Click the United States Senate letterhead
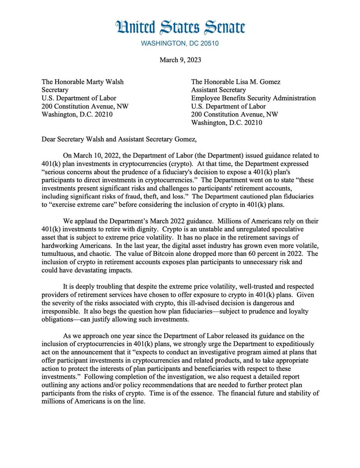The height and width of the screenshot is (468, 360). pyautogui.click(x=180, y=27)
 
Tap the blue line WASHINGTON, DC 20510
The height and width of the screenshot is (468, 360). pyautogui.click(x=180, y=43)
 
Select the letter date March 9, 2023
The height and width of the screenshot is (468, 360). pyautogui.click(x=180, y=60)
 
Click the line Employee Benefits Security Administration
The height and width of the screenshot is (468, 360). pyautogui.click(x=253, y=98)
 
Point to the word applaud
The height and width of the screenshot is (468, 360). pyautogui.click(x=86, y=221)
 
